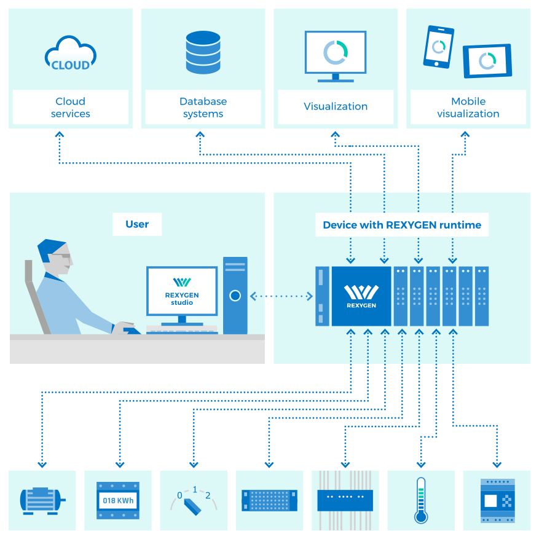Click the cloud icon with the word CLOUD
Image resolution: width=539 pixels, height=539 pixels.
[71, 54]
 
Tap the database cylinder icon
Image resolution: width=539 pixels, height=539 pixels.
[203, 53]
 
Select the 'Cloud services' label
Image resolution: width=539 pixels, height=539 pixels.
[71, 108]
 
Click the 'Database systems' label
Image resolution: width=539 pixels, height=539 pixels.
[203, 108]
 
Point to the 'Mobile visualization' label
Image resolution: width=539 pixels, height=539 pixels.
[468, 108]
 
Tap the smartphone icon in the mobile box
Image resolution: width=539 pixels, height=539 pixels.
[438, 47]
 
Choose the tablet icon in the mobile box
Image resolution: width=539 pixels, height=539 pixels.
[487, 61]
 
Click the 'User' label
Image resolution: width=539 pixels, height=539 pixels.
[137, 224]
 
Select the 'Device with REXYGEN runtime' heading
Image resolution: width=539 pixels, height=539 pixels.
[402, 225]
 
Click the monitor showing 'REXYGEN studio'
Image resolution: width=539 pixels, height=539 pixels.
[182, 290]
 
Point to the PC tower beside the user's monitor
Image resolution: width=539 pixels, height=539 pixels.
[235, 295]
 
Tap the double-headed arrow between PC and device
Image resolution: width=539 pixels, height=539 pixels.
[281, 296]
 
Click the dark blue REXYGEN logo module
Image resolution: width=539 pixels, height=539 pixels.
[361, 296]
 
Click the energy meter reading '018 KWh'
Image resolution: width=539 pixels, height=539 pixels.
[117, 501]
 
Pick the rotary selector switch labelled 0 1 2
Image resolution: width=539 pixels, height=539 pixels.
[194, 501]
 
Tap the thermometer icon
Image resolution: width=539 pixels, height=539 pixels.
[420, 500]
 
